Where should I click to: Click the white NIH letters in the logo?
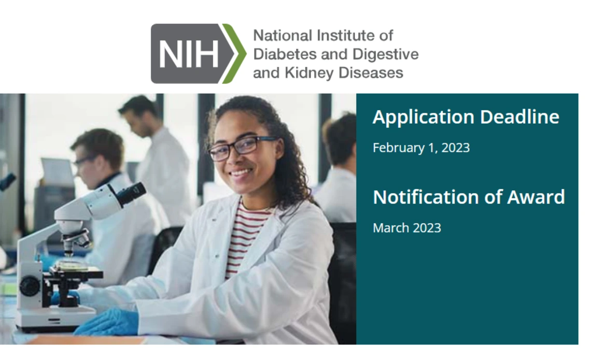(189, 54)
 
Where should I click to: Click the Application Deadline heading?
(466, 117)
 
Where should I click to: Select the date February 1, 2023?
(421, 148)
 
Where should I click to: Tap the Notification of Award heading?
(469, 197)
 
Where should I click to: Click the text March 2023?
(406, 228)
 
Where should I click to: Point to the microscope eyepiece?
(131, 194)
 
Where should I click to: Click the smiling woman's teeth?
(241, 173)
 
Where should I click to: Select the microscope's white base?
(54, 319)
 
